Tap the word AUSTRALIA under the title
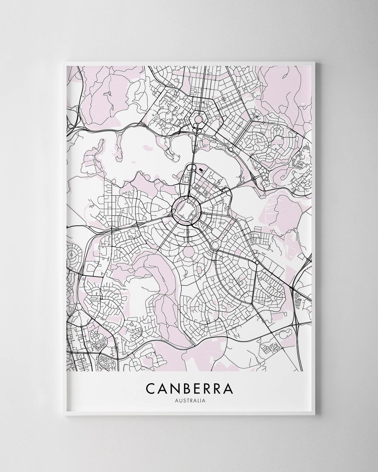coord(189,401)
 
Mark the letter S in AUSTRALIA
coord(182,401)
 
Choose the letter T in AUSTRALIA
coord(186,401)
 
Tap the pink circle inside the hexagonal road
coord(198,119)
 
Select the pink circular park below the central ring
coord(189,253)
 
